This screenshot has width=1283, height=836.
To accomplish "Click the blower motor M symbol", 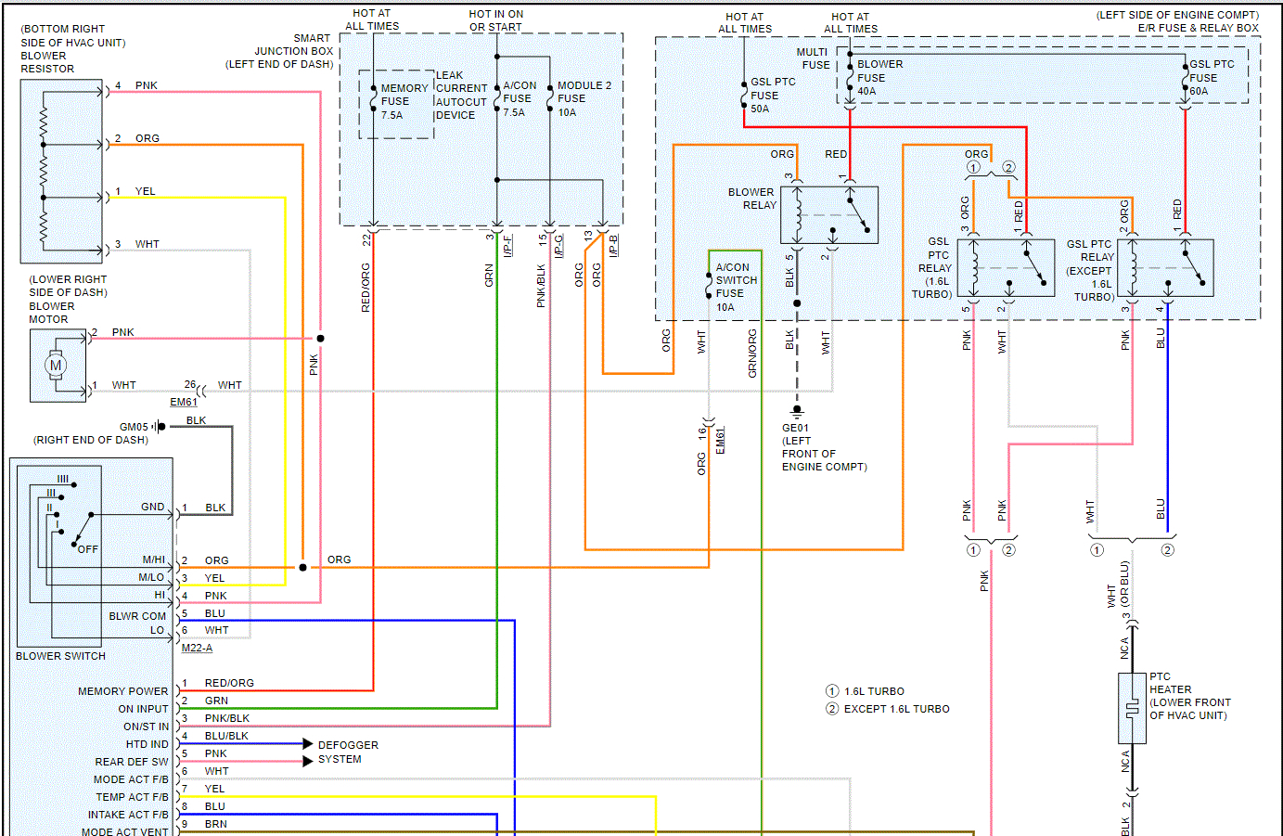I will pyautogui.click(x=56, y=366).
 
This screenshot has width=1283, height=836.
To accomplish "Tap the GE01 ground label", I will pyautogui.click(x=795, y=429).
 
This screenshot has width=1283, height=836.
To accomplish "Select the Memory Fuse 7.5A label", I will pyautogui.click(x=404, y=102).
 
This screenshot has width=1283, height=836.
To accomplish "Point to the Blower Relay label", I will pyautogui.click(x=751, y=199).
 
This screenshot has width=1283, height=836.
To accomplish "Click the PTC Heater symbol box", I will pyautogui.click(x=1132, y=709).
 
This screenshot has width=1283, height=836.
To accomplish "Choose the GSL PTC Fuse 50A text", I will pyautogui.click(x=773, y=96).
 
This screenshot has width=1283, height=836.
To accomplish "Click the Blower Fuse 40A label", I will pyautogui.click(x=879, y=78).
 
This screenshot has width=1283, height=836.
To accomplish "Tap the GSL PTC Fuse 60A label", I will pyautogui.click(x=1211, y=78).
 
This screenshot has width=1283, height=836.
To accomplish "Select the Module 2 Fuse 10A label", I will pyautogui.click(x=584, y=98).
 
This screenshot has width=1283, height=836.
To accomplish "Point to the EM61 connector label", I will pyautogui.click(x=184, y=403).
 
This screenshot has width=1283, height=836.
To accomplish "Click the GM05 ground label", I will pyautogui.click(x=134, y=427).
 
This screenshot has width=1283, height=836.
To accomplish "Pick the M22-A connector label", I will pyautogui.click(x=197, y=648).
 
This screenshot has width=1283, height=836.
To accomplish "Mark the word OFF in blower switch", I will pyautogui.click(x=88, y=549).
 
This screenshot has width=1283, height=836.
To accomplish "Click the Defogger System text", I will pyautogui.click(x=348, y=752).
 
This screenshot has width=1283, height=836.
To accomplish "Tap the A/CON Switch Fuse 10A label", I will pyautogui.click(x=737, y=287).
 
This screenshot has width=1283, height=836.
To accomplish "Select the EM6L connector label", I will pyautogui.click(x=721, y=440).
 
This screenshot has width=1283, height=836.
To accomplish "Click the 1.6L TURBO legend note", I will pyautogui.click(x=873, y=691).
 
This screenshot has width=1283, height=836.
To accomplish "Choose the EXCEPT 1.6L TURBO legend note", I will pyautogui.click(x=896, y=709).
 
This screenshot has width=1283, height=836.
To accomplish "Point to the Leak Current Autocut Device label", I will pyautogui.click(x=461, y=96).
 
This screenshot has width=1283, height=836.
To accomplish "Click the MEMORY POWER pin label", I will pyautogui.click(x=122, y=691).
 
